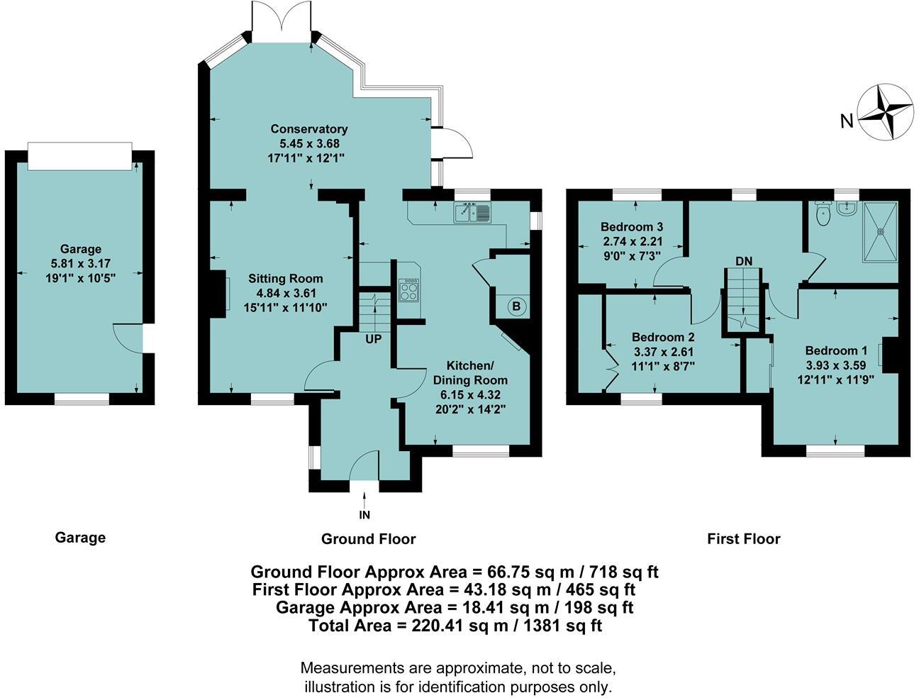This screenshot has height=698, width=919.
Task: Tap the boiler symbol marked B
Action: pyautogui.click(x=516, y=307)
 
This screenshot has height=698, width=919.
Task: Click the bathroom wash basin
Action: pyautogui.click(x=846, y=207)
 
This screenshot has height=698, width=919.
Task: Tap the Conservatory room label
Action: pyautogui.click(x=309, y=129)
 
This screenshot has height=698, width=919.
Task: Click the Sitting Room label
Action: pyautogui.click(x=285, y=279)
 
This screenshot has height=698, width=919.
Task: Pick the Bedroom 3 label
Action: pyautogui.click(x=632, y=227)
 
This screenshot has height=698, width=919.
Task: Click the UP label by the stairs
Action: pyautogui.click(x=374, y=339)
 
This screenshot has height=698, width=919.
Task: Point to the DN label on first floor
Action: pyautogui.click(x=743, y=261)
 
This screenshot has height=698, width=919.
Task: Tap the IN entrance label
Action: pyautogui.click(x=364, y=515)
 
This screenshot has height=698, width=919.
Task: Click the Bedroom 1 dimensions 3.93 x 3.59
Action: pyautogui.click(x=836, y=365)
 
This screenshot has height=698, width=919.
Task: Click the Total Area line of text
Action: pyautogui.click(x=455, y=626)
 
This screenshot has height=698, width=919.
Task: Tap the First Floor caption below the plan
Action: pyautogui.click(x=743, y=539)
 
